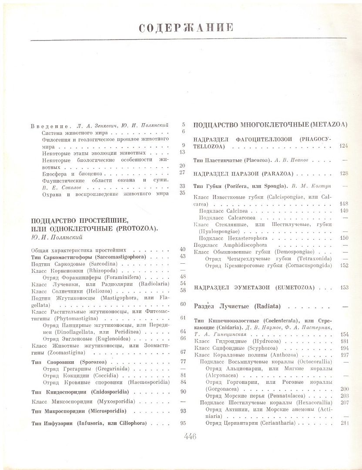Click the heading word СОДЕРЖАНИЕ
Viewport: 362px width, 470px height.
pos(186,28)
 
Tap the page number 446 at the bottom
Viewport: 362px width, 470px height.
pos(190,436)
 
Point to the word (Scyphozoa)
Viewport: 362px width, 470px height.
pos(266,348)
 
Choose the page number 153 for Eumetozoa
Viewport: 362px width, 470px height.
pos(344,288)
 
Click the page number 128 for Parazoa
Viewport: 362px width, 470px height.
pos(344,173)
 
